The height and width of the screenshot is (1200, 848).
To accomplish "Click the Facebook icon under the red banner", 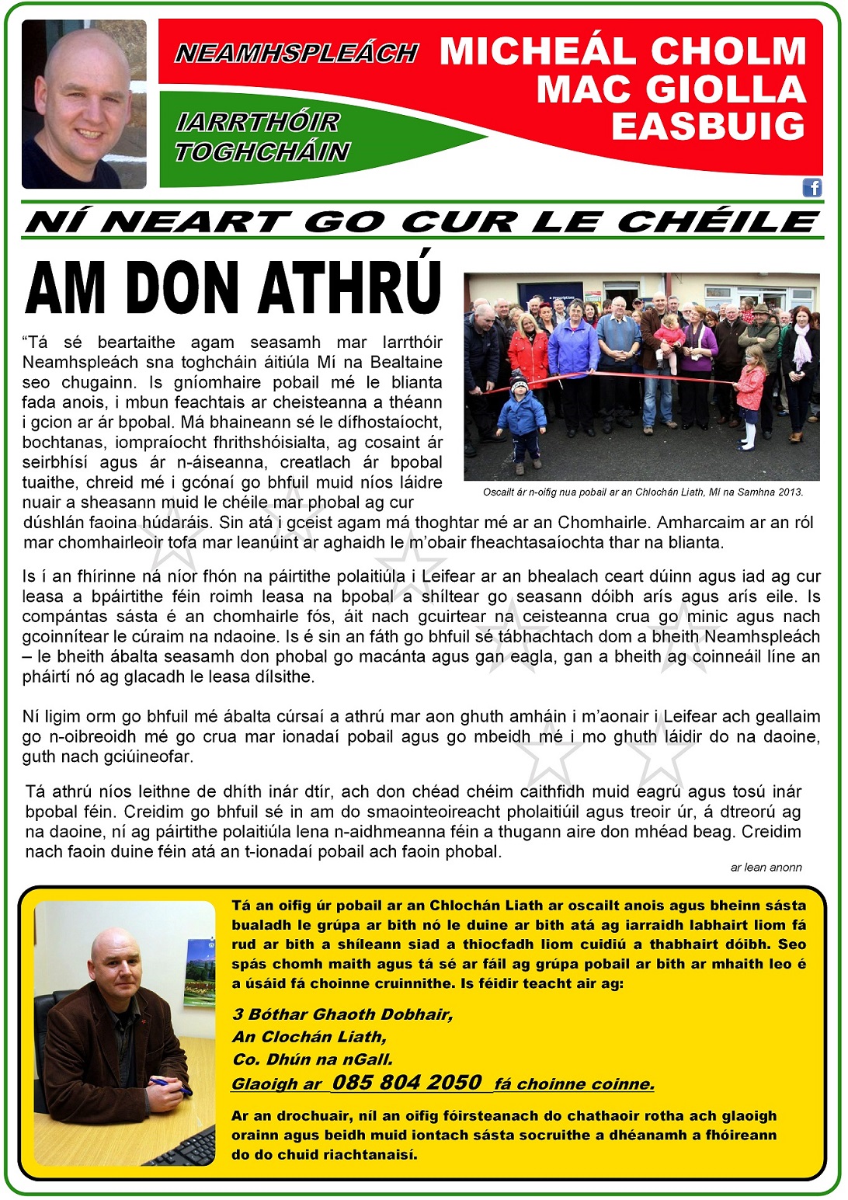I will [x=812, y=187].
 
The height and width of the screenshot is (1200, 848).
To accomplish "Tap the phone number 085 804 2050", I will [x=407, y=1082].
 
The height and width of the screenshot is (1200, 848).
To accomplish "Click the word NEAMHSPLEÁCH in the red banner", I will [x=297, y=53].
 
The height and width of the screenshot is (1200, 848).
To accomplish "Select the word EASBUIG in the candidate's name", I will [x=708, y=127].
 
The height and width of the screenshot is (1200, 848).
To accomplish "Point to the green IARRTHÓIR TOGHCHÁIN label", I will [x=262, y=137].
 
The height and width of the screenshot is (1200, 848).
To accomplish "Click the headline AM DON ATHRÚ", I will [x=233, y=288].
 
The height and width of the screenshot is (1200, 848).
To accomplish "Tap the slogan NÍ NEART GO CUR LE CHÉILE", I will [x=422, y=222].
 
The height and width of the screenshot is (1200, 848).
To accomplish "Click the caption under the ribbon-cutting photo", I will [x=642, y=492].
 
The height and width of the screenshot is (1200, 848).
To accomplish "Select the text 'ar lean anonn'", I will [x=766, y=868].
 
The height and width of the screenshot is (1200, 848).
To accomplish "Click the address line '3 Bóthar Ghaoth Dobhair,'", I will [x=342, y=1014].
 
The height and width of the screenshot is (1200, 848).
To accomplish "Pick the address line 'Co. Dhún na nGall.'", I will [x=313, y=1059].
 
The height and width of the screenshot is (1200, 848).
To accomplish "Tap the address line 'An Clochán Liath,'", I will [x=309, y=1036].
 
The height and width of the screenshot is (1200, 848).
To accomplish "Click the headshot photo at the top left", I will [x=84, y=105].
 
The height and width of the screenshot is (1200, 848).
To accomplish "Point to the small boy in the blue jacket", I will [x=521, y=419].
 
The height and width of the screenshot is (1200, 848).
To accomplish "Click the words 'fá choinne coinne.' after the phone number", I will [x=575, y=1084].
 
